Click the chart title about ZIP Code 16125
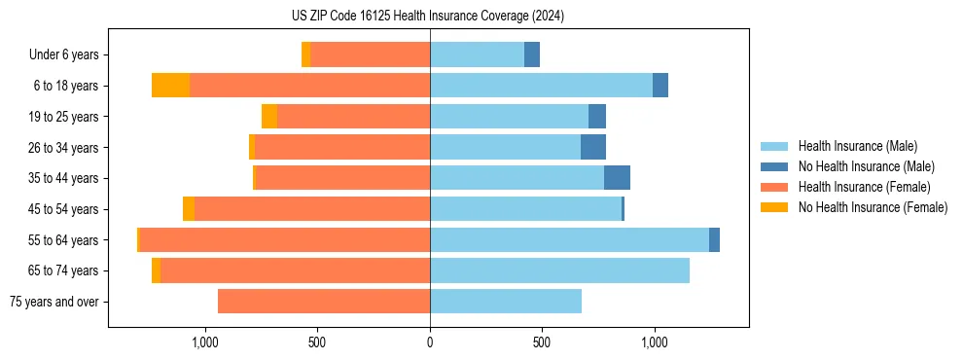coord(428,16)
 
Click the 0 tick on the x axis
coord(430,342)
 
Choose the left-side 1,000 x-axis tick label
coord(205,342)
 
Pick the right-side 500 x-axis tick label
coord(542,342)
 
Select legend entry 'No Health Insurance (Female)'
coord(873,207)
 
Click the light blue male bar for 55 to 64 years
coord(569,240)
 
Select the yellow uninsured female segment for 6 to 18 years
coord(170,86)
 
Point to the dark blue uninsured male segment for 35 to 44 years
coord(617,178)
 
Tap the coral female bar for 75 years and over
coord(324,302)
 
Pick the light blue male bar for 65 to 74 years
coord(559,270)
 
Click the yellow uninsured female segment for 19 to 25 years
coord(269,117)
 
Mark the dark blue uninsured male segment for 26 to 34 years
coord(593,148)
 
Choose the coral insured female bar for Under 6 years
coord(370,55)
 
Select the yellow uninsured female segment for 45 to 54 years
coord(189,209)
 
